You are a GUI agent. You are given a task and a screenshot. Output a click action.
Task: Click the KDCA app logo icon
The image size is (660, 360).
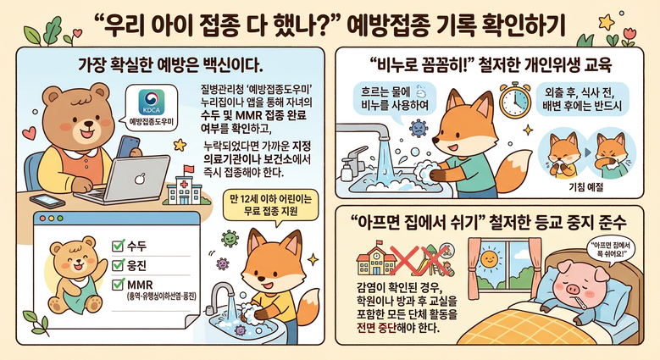coord(152,102)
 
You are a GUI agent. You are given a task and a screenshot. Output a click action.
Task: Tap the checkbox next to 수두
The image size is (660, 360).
coord(119,245)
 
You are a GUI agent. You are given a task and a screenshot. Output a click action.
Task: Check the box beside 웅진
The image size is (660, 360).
coord(119,265)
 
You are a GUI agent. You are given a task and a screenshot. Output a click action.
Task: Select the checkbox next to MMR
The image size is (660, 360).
coord(119,285)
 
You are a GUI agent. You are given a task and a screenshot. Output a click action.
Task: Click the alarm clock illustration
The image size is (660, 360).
coord(515,100)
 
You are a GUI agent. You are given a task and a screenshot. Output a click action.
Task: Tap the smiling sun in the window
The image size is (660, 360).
coord(489,258)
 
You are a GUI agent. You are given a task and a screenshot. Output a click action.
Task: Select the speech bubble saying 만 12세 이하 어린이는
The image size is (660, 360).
coord(270,205)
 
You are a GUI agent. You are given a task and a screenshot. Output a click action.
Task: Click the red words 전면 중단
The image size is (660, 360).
coord(377,327)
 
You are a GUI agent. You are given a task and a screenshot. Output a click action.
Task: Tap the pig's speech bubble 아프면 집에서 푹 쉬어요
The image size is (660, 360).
coord(607,250)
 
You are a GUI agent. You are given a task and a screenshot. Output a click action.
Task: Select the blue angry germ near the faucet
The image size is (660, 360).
coord(418,128)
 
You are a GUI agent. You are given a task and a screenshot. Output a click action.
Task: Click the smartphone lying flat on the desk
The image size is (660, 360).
coord(47,201)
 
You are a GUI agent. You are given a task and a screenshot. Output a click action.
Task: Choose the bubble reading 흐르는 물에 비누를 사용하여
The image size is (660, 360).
coord(394,98)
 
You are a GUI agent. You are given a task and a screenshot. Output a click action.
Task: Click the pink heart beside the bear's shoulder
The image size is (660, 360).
coord(29,132)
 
